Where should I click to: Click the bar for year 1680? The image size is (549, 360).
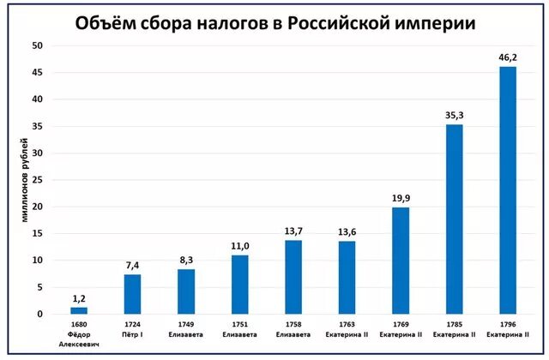pyautogui.click(x=79, y=310)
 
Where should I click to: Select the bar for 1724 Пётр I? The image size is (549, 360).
pyautogui.click(x=132, y=294)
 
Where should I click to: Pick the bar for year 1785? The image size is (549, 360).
pyautogui.click(x=455, y=219)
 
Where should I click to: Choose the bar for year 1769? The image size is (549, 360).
pyautogui.click(x=401, y=261)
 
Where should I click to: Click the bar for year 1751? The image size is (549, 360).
pyautogui.click(x=239, y=285)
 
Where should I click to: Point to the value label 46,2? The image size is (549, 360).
pyautogui.click(x=508, y=58)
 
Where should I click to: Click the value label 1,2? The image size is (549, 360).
pyautogui.click(x=79, y=299)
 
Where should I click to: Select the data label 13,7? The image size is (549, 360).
pyautogui.click(x=293, y=231)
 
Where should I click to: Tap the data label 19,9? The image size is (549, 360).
pyautogui.click(x=401, y=199)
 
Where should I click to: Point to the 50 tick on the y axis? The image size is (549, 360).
pyautogui.click(x=39, y=45)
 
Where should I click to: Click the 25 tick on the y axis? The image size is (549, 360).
pyautogui.click(x=39, y=180)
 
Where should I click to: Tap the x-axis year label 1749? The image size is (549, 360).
pyautogui.click(x=186, y=326)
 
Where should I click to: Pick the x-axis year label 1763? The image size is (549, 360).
pyautogui.click(x=347, y=326)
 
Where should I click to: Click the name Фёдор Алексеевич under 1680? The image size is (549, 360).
pyautogui.click(x=79, y=337)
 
